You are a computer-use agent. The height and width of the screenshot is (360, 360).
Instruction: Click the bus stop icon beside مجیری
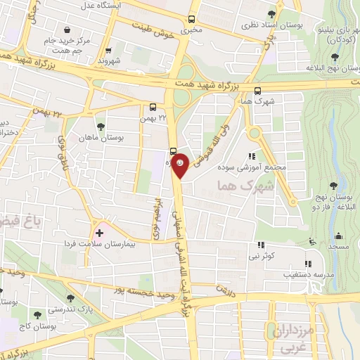[x=193, y=20]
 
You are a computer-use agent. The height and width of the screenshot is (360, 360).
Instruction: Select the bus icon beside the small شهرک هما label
[x=257, y=91]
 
